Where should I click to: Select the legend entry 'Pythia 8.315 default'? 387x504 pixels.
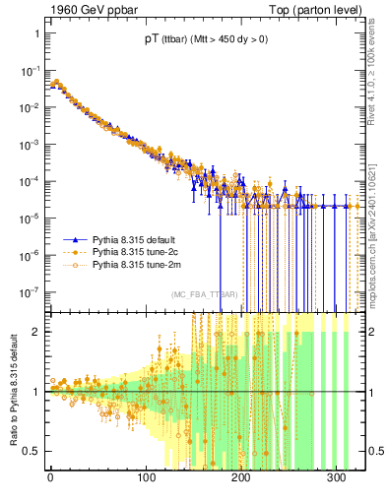coord(137,239)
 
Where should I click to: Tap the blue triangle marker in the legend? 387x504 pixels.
coord(75,239)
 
